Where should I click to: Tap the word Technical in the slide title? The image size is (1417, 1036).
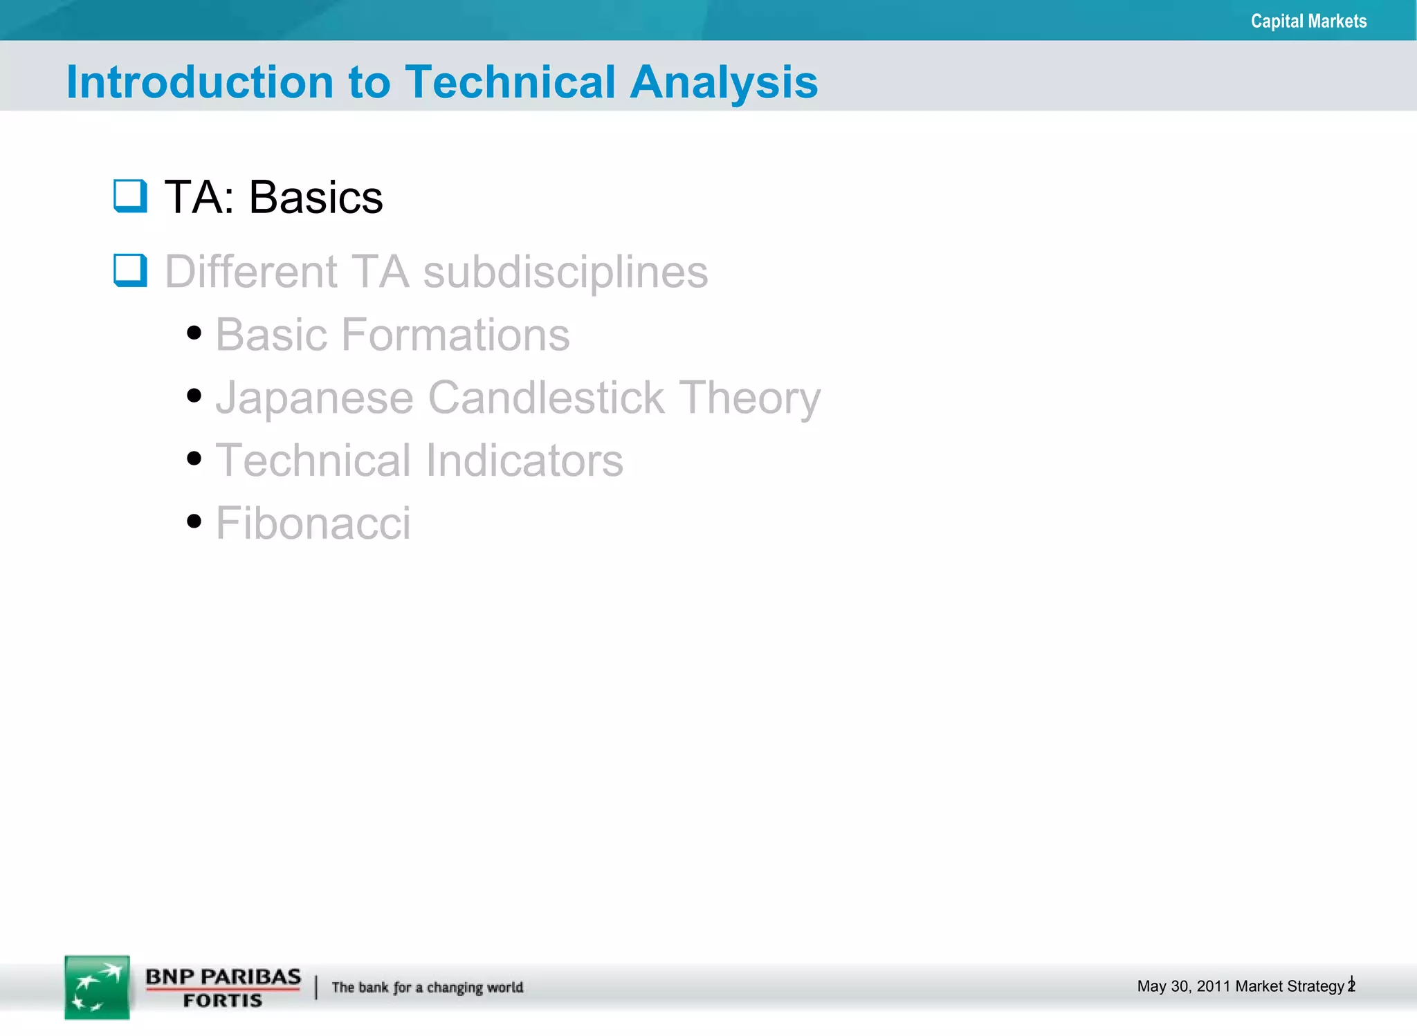click(x=510, y=82)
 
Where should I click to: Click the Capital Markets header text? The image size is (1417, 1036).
click(x=1308, y=21)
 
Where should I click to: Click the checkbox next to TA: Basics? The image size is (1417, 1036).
click(x=130, y=196)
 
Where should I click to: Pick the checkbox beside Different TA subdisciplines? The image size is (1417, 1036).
click(x=130, y=270)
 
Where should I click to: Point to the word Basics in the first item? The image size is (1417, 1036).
click(x=316, y=198)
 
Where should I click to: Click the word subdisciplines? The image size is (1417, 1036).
click(x=565, y=272)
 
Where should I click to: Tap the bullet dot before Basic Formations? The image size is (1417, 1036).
click(x=194, y=333)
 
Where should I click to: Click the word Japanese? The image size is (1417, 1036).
click(x=314, y=398)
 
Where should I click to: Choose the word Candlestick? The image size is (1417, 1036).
click(x=546, y=398)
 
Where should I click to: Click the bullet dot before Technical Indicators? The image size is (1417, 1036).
click(x=194, y=459)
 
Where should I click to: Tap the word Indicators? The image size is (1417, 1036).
click(x=524, y=461)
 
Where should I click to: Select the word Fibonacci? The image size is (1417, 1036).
click(x=313, y=523)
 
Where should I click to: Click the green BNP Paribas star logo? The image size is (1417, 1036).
click(x=97, y=987)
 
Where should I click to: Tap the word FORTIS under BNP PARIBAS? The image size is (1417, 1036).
click(x=223, y=1001)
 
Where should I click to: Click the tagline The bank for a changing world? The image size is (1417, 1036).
click(x=427, y=987)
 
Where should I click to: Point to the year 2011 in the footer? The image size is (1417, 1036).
click(x=1214, y=986)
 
